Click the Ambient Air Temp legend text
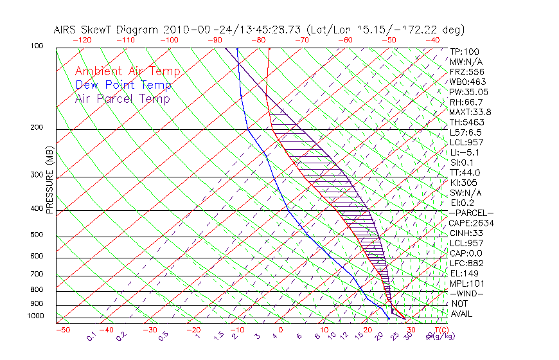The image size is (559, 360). pyautogui.click(x=127, y=71)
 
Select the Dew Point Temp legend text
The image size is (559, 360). pyautogui.click(x=123, y=85)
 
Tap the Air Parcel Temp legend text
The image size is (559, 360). pyautogui.click(x=122, y=98)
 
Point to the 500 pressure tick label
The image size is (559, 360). pyautogui.click(x=36, y=235)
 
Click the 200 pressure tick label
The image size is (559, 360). pyautogui.click(x=36, y=127)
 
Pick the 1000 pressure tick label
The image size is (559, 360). pyautogui.click(x=35, y=316)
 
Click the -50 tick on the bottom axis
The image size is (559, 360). pyautogui.click(x=62, y=330)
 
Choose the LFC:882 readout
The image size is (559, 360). pyautogui.click(x=466, y=264)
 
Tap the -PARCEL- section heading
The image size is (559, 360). pyautogui.click(x=471, y=213)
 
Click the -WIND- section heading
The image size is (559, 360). pyautogui.click(x=466, y=294)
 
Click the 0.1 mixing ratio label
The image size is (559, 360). pyautogui.click(x=92, y=336)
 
